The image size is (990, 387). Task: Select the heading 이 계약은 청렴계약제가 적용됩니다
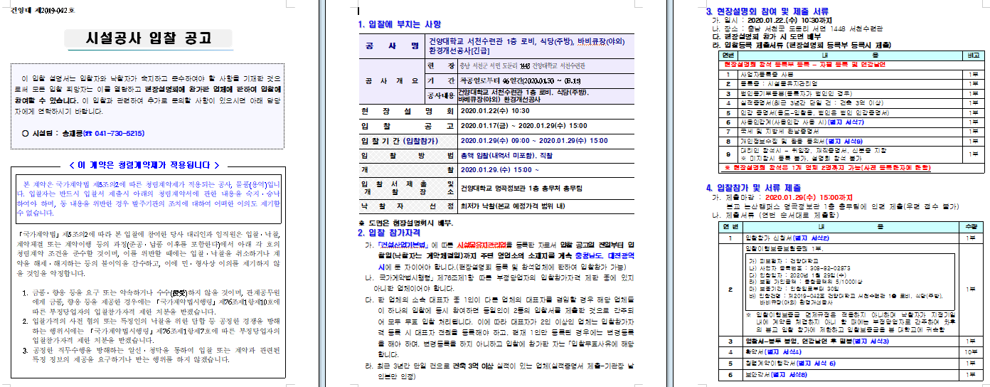click(149, 165)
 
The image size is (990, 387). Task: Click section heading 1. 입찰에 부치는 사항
click(399, 24)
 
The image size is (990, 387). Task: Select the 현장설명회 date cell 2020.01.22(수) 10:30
click(495, 111)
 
